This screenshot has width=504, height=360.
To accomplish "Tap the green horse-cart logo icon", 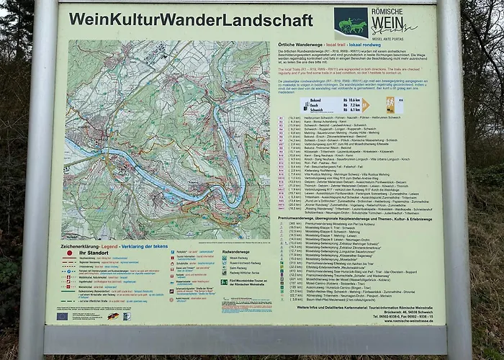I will click(351, 23).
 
